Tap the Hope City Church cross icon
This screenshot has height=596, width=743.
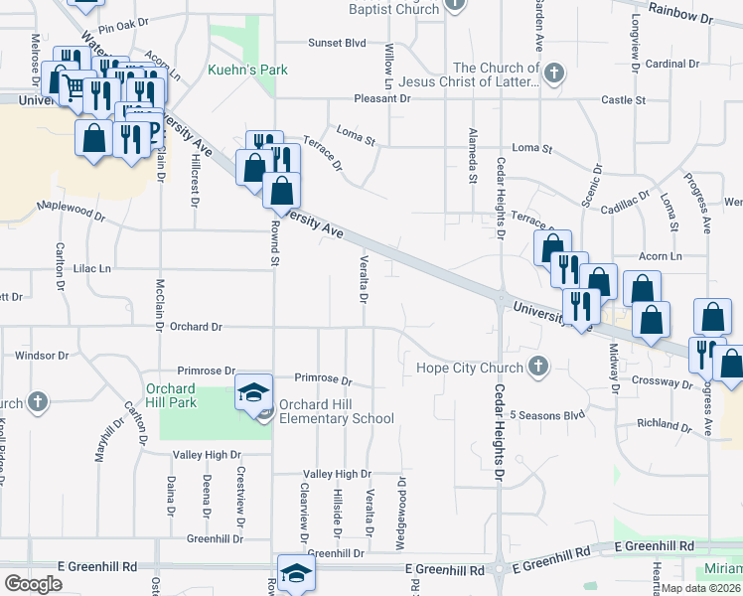pyautogui.click(x=538, y=368)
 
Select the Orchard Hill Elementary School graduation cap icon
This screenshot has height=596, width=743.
pyautogui.click(x=253, y=393)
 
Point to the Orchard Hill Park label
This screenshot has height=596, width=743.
pyautogui.click(x=171, y=395)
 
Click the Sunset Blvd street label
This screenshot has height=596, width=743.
pyautogui.click(x=337, y=43)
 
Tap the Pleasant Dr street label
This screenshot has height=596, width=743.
pyautogui.click(x=383, y=99)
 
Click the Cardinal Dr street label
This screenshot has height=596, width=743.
pyautogui.click(x=672, y=64)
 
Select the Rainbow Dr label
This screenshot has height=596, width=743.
pyautogui.click(x=680, y=19)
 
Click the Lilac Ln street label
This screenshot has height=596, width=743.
pyautogui.click(x=91, y=268)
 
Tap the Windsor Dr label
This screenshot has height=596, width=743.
pyautogui.click(x=42, y=355)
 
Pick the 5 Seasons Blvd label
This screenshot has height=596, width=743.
pyautogui.click(x=547, y=414)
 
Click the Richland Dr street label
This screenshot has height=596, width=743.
pyautogui.click(x=665, y=424)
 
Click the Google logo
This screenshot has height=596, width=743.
pyautogui.click(x=33, y=583)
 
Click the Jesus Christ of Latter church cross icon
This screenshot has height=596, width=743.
pyautogui.click(x=553, y=72)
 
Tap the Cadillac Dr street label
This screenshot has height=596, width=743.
pyautogui.click(x=627, y=203)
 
